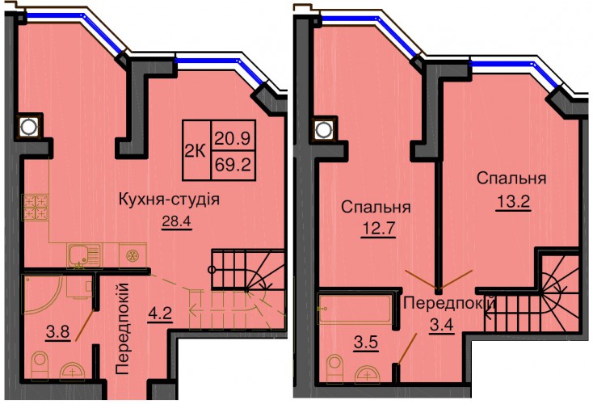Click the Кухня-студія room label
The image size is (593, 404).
[169, 199]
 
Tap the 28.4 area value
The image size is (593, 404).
[177, 221]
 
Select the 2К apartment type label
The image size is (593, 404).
[196, 151]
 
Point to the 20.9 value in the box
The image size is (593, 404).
[233, 138]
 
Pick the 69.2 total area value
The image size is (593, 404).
[233, 166]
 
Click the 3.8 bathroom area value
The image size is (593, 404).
[58, 332]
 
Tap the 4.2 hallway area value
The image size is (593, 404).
[160, 314]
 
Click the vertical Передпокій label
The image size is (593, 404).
[123, 328]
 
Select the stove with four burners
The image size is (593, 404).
[36, 208]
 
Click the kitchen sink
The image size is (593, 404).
[84, 255]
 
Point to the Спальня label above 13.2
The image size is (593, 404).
[511, 179]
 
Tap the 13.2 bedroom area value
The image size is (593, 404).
[513, 202]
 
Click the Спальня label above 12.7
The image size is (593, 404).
[376, 207]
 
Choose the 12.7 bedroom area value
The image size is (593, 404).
[378, 229]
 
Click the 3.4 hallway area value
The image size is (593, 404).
[442, 325]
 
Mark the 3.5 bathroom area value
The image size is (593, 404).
[366, 343]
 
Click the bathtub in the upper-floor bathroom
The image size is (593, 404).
[355, 309]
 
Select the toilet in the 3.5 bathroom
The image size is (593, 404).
[334, 368]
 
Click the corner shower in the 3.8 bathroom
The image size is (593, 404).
[42, 294]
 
